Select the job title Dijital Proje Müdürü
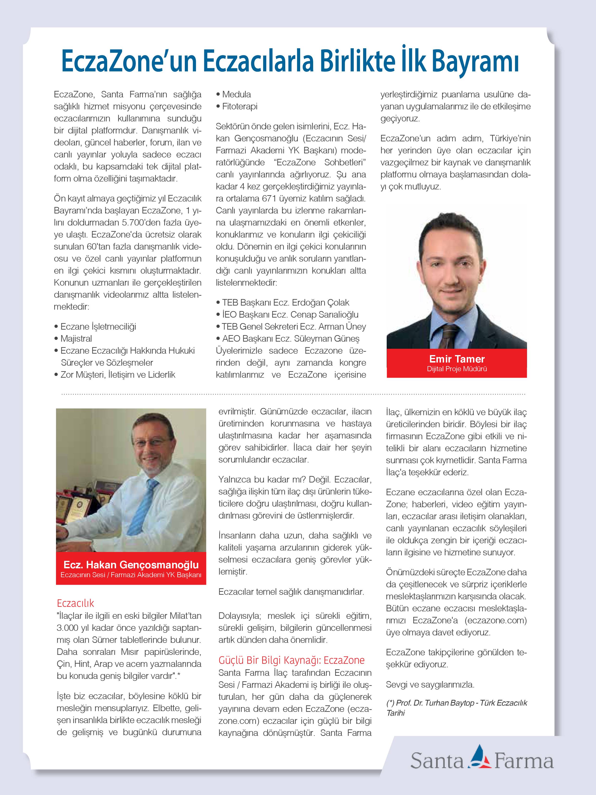point(457,369)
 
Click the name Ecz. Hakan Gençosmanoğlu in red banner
point(131,565)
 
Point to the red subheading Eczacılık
point(75,603)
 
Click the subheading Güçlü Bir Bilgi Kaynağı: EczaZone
point(291,660)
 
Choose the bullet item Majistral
point(76,338)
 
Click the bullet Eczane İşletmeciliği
point(98,327)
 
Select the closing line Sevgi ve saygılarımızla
point(430,684)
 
